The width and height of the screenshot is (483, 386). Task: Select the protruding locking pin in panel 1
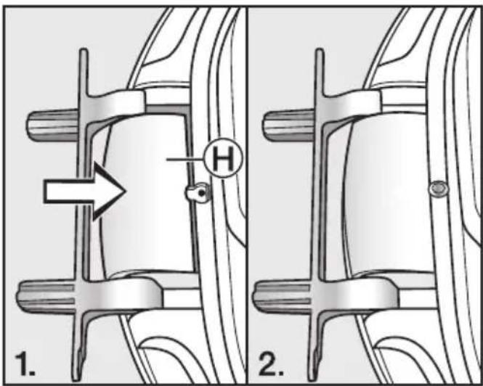pos(196,193)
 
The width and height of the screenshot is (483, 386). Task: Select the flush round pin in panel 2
pos(438,189)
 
